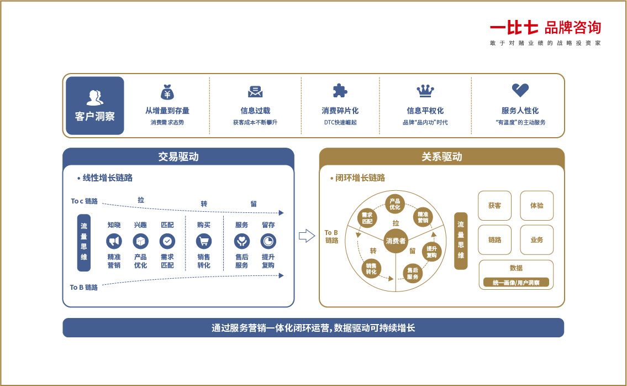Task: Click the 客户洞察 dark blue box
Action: click(x=95, y=106)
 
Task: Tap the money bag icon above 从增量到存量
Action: click(x=167, y=92)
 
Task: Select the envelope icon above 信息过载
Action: click(x=255, y=92)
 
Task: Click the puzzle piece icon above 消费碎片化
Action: click(x=340, y=91)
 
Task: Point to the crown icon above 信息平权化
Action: click(x=425, y=91)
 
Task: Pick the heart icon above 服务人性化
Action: click(x=520, y=90)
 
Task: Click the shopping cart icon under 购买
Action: click(x=204, y=242)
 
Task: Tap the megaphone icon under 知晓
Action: click(x=114, y=242)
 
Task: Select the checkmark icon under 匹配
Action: click(x=167, y=242)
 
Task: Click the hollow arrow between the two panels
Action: click(x=307, y=236)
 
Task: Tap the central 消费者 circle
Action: click(x=396, y=241)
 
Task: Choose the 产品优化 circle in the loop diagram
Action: click(x=394, y=204)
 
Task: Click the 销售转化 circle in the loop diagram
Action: click(x=371, y=269)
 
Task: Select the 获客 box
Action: click(x=494, y=205)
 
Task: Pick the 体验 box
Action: click(x=536, y=205)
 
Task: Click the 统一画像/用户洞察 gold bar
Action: click(x=516, y=283)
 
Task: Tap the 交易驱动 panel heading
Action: click(x=178, y=157)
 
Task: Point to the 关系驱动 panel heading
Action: click(x=442, y=157)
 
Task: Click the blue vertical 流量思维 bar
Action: click(x=84, y=243)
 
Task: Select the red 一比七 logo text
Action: click(x=514, y=28)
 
